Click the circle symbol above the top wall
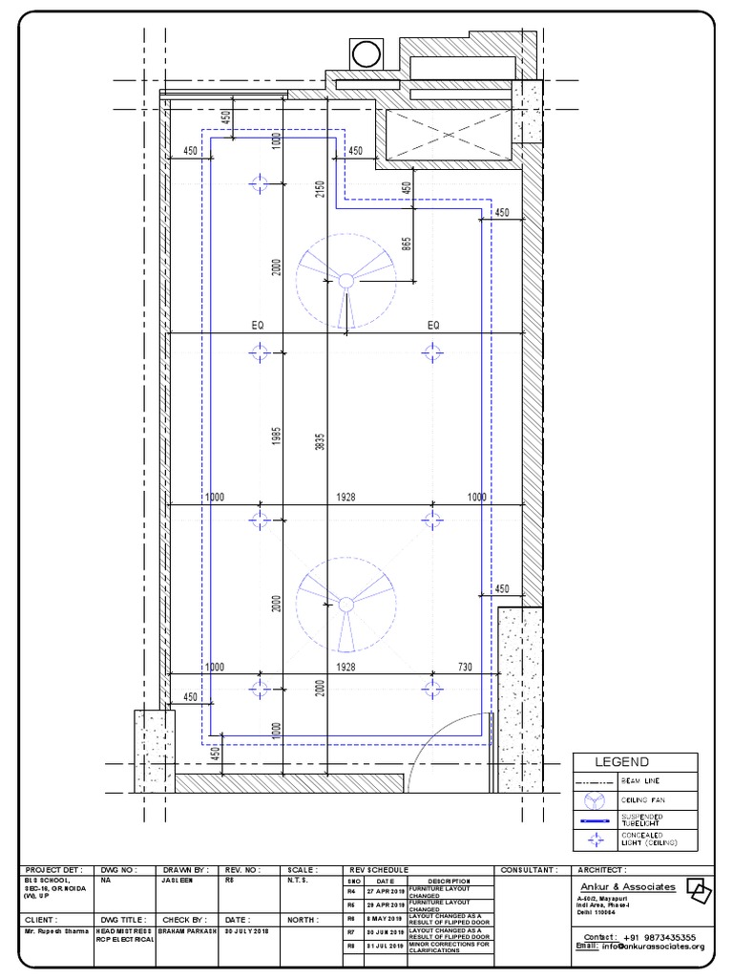[x=366, y=54]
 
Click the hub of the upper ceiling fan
[x=345, y=281]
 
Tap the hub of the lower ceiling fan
[x=345, y=604]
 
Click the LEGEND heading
[x=622, y=761]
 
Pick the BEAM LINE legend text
[x=639, y=781]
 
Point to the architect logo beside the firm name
[x=699, y=889]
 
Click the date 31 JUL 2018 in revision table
[x=385, y=948]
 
